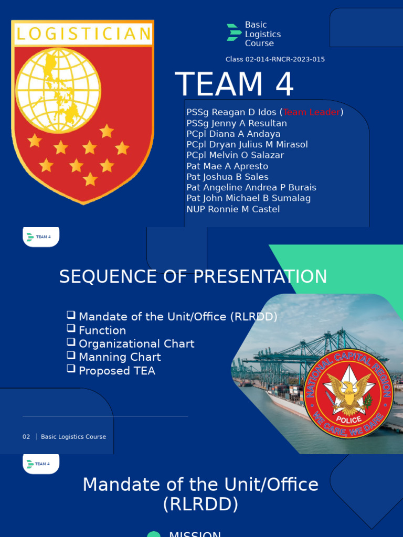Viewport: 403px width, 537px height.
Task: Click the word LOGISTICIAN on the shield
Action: coord(83,35)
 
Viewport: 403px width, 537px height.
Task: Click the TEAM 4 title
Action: coord(234,84)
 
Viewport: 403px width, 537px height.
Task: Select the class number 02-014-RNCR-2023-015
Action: coord(275,59)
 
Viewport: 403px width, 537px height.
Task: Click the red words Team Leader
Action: coord(312,112)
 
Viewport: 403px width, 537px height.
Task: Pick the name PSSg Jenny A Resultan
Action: coord(237,123)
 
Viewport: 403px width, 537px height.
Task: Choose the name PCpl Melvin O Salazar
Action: coord(235,155)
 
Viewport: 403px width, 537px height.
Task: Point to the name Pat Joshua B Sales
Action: coord(227,177)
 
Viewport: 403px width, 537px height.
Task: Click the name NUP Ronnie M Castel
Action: coord(233,209)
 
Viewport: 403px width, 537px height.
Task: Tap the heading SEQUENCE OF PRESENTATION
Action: coord(193,276)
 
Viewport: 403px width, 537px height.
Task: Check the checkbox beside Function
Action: coord(71,328)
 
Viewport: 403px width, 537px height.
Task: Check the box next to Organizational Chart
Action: coord(71,341)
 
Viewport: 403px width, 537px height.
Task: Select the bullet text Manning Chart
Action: coord(120,357)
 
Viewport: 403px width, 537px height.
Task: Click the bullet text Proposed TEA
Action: coord(117,371)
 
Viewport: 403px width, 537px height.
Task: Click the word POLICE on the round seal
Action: coord(349,420)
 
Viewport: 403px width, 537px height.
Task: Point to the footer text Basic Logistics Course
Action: coord(73,437)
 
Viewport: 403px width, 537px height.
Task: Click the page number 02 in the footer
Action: coord(26,437)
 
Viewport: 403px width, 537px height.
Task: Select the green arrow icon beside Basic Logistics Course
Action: coord(234,33)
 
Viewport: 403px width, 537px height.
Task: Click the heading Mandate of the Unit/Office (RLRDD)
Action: coord(200,494)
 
